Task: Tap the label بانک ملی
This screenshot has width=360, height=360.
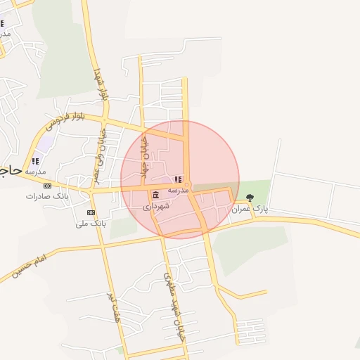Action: (x=91, y=223)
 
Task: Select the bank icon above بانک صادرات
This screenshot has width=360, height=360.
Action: (x=47, y=186)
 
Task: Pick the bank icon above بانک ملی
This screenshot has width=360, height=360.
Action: (x=91, y=212)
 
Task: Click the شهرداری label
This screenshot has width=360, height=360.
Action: (x=156, y=207)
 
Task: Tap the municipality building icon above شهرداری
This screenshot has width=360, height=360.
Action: (x=155, y=195)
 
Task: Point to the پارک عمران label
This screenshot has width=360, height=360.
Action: (x=251, y=209)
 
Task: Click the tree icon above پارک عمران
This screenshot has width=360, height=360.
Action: (x=250, y=198)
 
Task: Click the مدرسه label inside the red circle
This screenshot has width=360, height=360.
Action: (x=178, y=190)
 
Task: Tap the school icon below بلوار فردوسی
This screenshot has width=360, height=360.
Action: (x=35, y=161)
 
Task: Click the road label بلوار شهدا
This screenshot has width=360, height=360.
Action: (x=101, y=83)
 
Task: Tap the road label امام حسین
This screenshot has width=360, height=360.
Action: (x=29, y=269)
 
